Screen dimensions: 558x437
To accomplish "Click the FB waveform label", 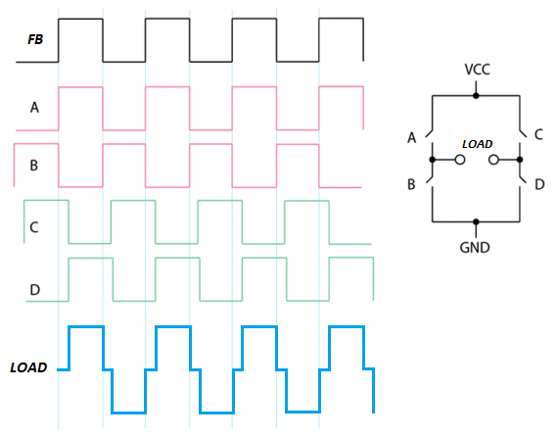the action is point(35,39).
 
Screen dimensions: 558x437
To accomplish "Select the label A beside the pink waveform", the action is point(34,107).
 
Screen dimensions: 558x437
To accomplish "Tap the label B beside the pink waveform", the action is point(34,166).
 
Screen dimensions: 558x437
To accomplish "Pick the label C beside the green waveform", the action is point(34,227).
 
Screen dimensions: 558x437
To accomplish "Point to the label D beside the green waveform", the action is point(34,290).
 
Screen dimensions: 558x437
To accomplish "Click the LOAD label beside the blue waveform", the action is point(28,367).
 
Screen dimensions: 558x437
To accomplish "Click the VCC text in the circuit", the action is point(477,70).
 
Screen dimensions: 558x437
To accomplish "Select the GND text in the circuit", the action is point(475,247).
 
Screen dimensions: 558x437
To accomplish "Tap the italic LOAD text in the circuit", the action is point(477,144).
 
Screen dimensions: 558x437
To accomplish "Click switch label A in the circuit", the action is point(412,137).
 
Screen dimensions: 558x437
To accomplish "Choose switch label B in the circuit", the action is point(411,184).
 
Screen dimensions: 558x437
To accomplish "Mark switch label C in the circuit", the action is point(538,134).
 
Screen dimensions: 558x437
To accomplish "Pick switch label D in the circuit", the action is point(539,184).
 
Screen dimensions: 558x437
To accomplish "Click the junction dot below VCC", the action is point(476,95).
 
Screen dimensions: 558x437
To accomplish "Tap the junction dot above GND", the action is point(476,221).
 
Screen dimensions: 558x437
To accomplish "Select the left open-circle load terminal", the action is point(460,160).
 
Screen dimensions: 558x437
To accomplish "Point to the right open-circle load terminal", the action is point(493,160).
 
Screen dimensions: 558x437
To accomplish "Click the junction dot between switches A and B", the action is point(433,160).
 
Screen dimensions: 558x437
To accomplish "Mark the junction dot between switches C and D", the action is point(520,160).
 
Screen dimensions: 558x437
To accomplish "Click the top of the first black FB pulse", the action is point(81,19).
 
